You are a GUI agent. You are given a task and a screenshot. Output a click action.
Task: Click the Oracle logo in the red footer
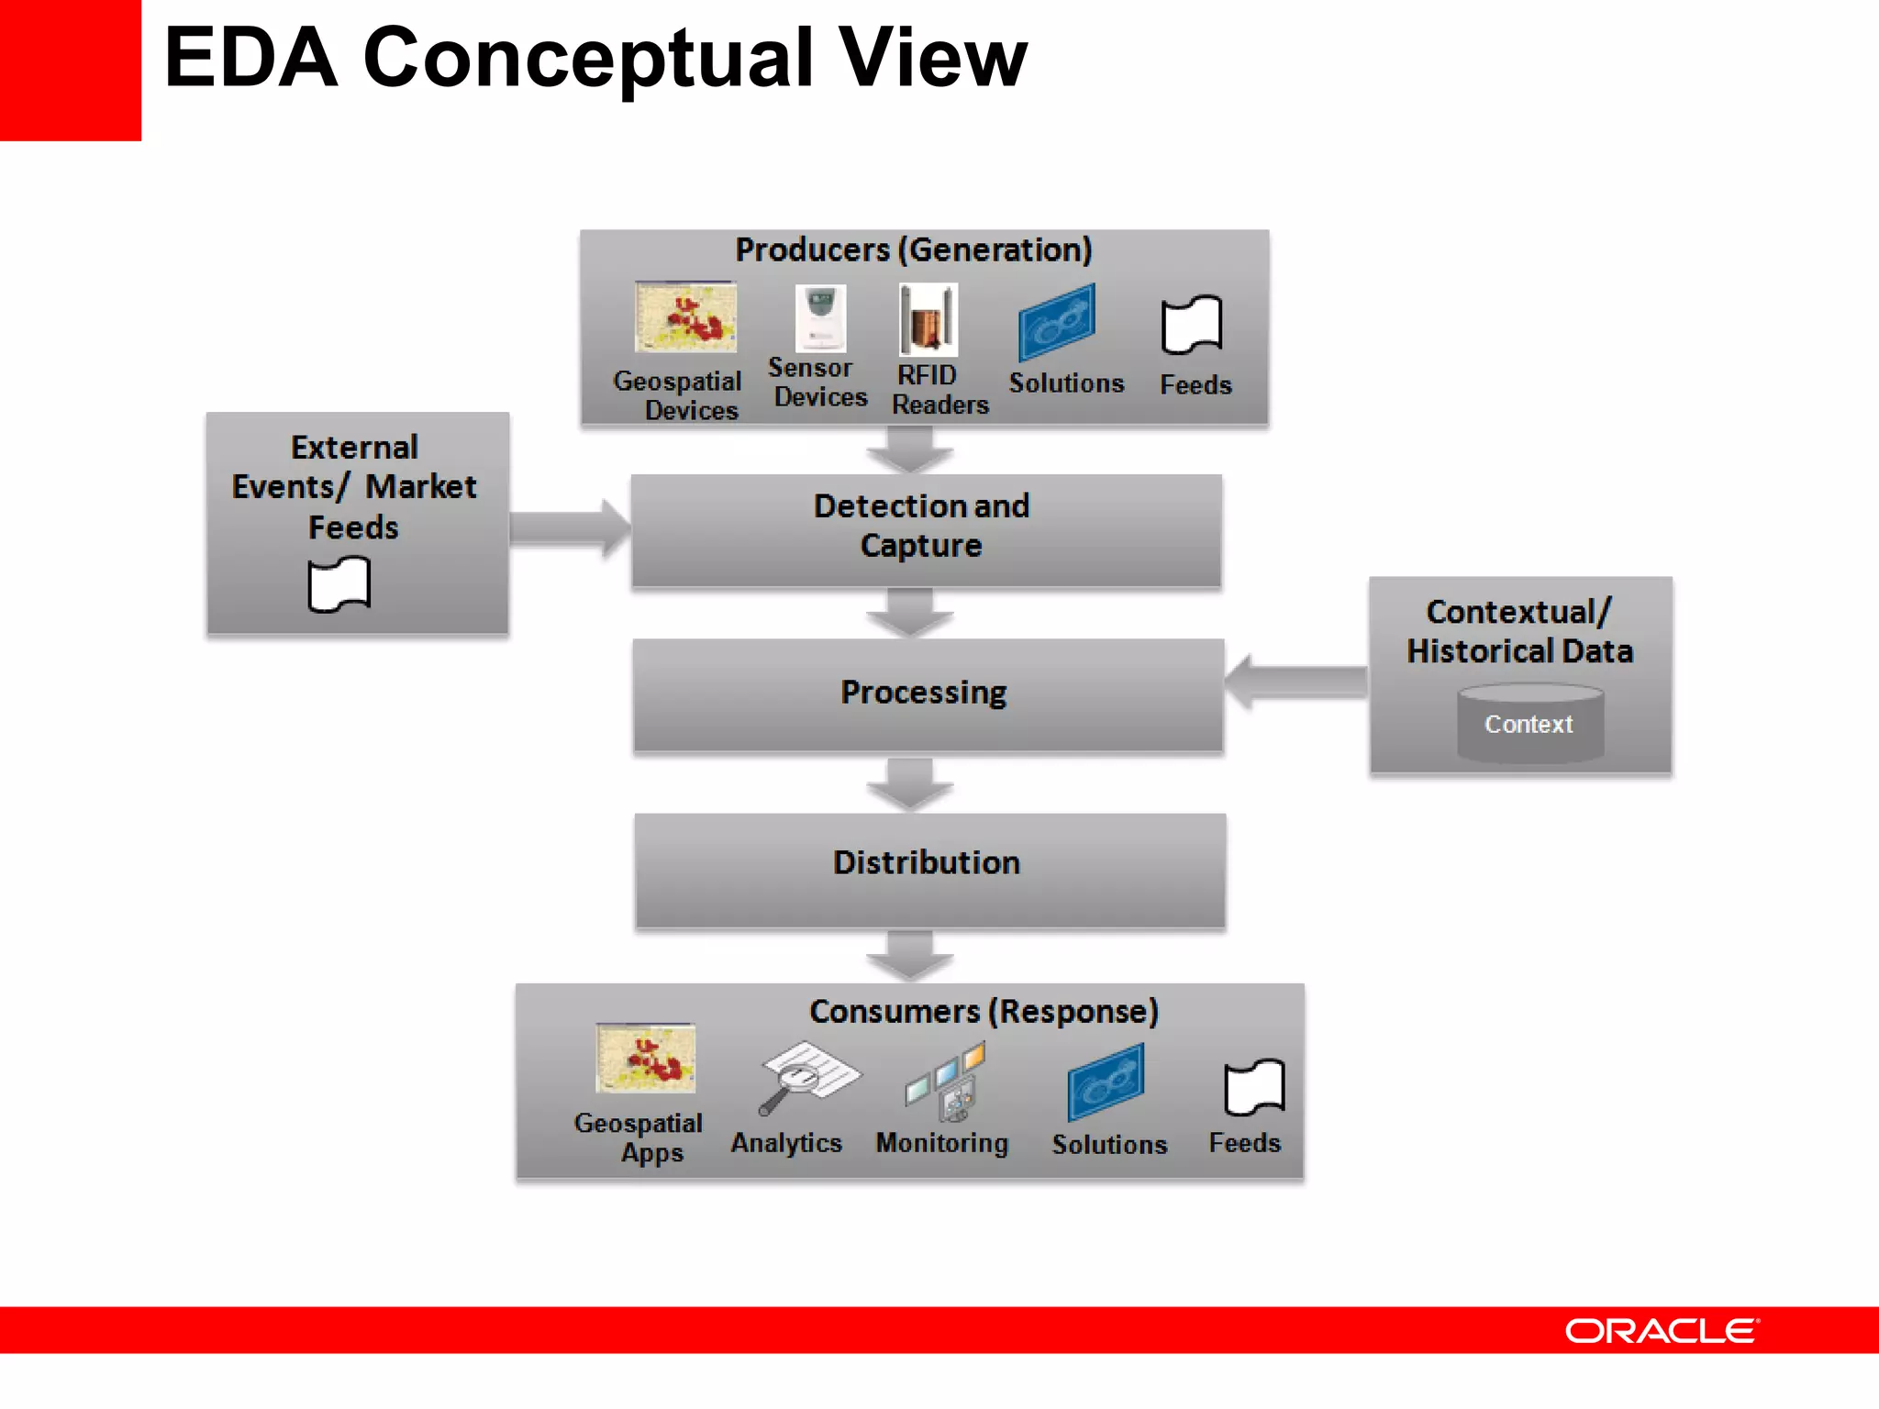[1661, 1331]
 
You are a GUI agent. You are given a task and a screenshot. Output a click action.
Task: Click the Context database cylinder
[1529, 724]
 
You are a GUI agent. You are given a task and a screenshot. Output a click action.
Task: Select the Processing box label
[924, 693]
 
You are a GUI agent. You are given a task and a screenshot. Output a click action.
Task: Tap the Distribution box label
[927, 862]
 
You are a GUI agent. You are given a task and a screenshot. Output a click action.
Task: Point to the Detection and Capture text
[922, 526]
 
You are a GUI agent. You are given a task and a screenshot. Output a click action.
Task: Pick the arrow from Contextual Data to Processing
[1295, 682]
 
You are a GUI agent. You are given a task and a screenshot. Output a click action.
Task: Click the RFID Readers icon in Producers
[928, 319]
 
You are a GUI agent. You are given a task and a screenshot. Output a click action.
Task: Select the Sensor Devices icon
[819, 317]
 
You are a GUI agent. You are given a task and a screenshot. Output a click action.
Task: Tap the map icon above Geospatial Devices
[685, 316]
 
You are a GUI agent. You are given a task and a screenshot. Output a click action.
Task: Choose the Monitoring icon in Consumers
[946, 1082]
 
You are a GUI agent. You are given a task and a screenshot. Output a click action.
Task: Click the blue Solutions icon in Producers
[1057, 322]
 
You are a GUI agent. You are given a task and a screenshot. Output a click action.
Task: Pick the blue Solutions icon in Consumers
[1106, 1082]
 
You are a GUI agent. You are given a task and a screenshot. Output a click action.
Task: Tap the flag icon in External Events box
[339, 585]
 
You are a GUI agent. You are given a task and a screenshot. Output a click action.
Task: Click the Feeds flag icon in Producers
[1191, 325]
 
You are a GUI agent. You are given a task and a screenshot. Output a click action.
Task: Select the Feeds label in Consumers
[1244, 1143]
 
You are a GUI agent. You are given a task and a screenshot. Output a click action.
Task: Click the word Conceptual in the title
[588, 58]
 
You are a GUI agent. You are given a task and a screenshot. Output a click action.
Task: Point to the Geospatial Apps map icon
[645, 1059]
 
